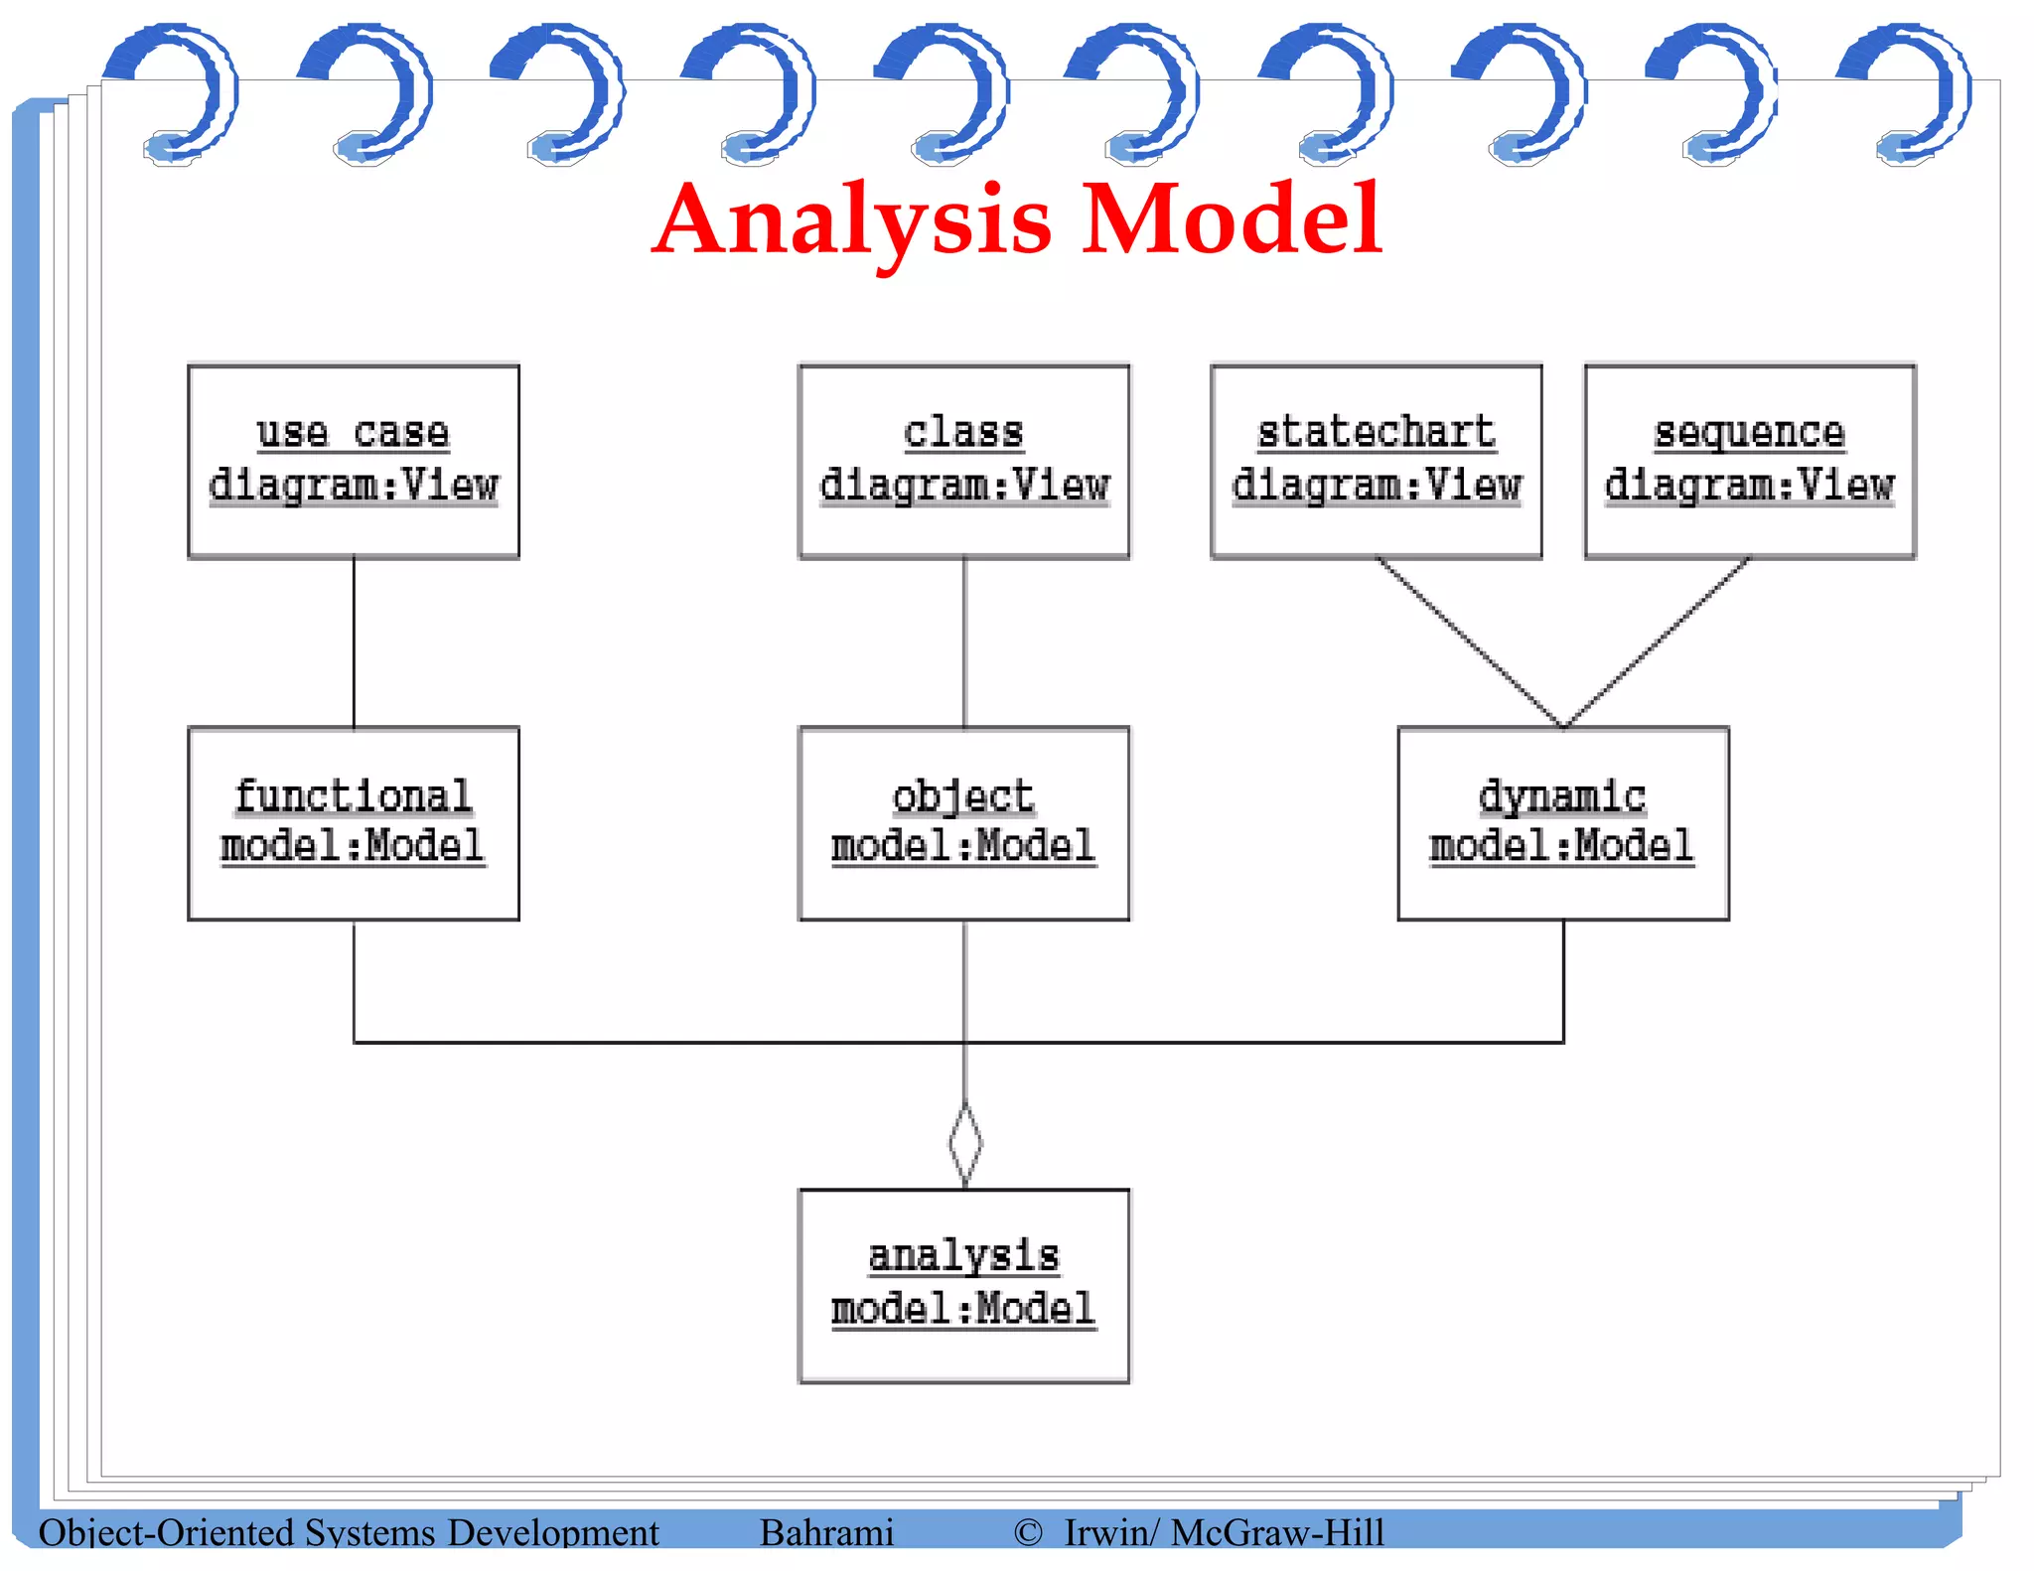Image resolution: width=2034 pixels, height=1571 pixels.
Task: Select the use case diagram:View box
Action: [x=354, y=461]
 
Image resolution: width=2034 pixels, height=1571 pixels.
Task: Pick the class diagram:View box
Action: [x=963, y=461]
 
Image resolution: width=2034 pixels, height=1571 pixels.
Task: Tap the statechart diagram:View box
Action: [x=1376, y=461]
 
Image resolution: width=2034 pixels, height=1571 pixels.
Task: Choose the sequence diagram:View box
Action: [x=1749, y=461]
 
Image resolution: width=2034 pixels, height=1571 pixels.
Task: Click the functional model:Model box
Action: [x=354, y=823]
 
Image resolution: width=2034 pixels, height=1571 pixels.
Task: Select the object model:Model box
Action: [x=963, y=823]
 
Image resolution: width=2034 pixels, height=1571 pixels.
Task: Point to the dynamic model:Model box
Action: [x=1562, y=823]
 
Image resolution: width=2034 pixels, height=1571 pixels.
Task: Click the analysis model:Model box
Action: [x=963, y=1285]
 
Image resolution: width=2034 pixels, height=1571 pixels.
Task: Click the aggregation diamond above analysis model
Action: [x=964, y=1143]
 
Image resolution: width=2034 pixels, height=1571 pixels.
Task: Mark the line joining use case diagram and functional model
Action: [x=354, y=643]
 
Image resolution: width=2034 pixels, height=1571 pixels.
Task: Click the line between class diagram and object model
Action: [x=963, y=643]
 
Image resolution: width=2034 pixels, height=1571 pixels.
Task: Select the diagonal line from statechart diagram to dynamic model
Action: [x=1469, y=642]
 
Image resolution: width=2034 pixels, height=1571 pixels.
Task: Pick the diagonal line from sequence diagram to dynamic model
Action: [x=1657, y=642]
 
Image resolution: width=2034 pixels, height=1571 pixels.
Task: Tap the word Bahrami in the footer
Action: [x=826, y=1532]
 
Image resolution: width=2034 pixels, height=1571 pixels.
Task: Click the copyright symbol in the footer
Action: [x=1027, y=1532]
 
